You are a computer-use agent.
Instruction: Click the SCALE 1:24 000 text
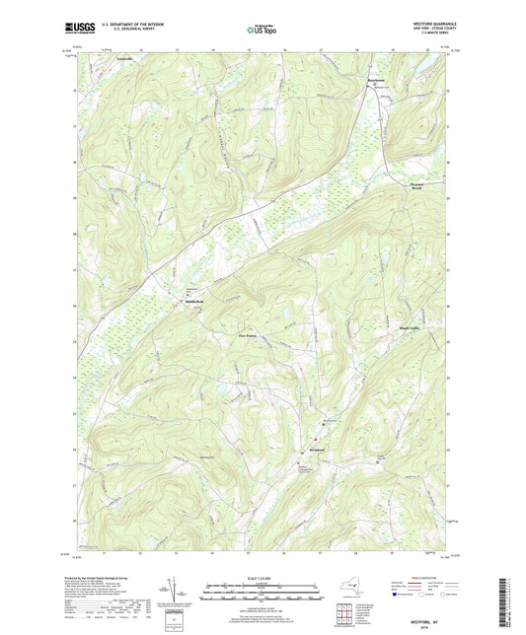click(x=263, y=577)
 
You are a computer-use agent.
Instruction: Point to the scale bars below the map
click(x=263, y=595)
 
